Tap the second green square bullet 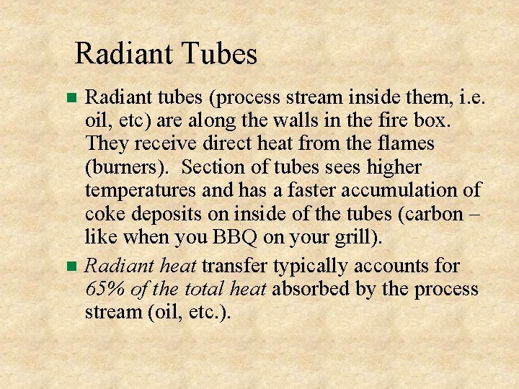point(71,267)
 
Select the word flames point(406,143)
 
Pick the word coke point(105,214)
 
